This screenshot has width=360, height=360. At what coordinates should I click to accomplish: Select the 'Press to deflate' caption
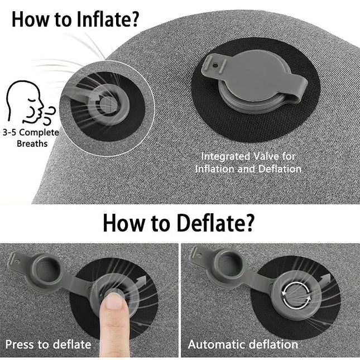point(48,344)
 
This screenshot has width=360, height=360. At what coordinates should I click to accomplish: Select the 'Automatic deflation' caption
point(243,344)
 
